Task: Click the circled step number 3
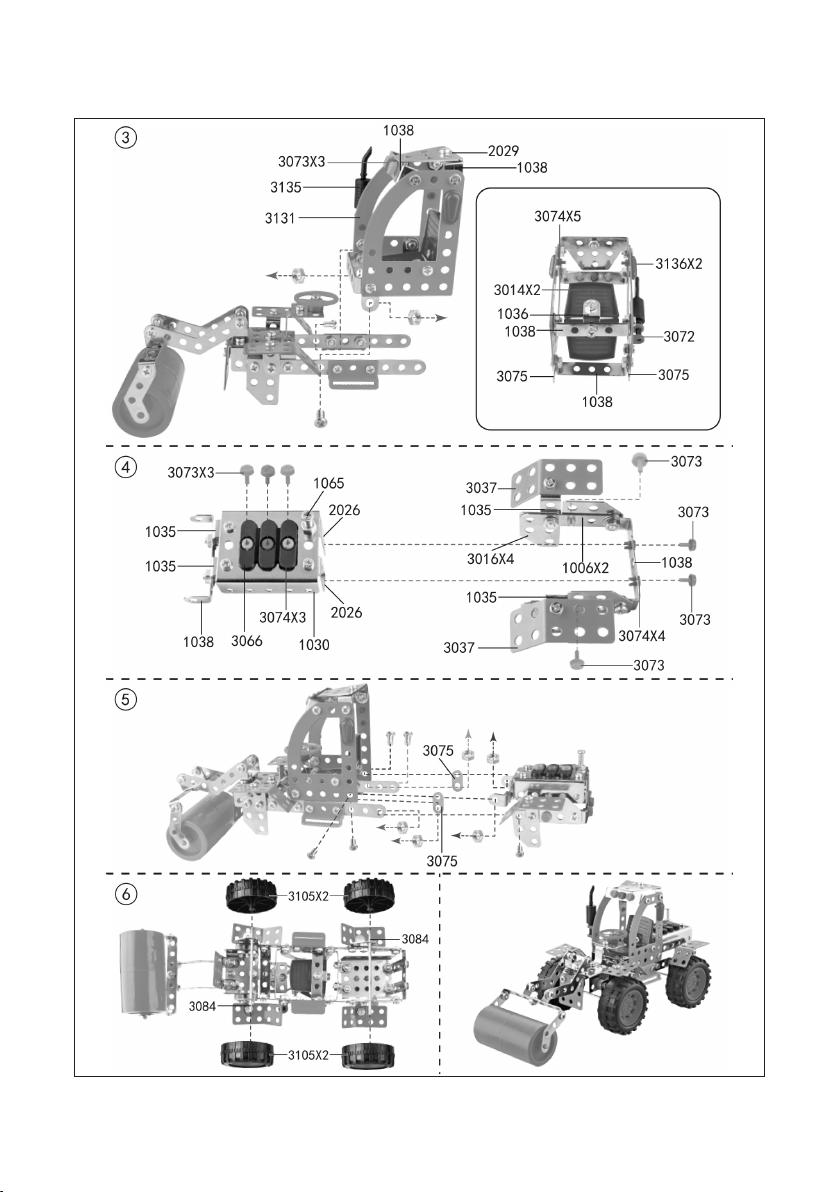(x=125, y=138)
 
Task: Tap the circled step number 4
(x=125, y=467)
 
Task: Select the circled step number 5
(x=125, y=699)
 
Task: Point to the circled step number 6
(x=125, y=893)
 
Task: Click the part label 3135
(x=286, y=187)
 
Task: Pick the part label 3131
(x=280, y=218)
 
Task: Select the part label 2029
(x=503, y=151)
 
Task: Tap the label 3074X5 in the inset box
(x=557, y=217)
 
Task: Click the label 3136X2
(x=679, y=264)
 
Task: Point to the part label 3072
(x=679, y=337)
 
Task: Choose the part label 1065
(x=328, y=483)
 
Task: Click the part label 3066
(x=246, y=642)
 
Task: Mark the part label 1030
(x=314, y=645)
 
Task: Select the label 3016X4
(x=490, y=560)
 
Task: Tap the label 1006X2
(x=585, y=568)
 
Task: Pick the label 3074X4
(x=642, y=636)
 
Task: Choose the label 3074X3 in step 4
(x=282, y=617)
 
